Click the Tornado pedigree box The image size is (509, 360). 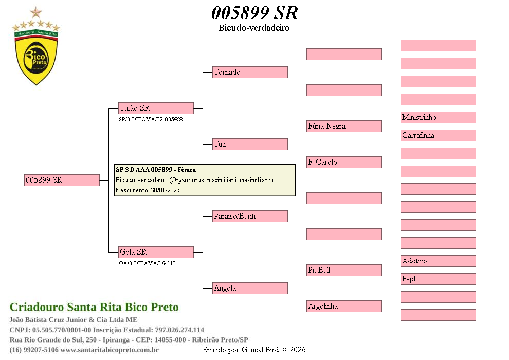(250, 72)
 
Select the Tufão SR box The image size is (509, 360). (156, 108)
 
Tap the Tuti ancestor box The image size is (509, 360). (250, 144)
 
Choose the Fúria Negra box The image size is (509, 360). (344, 126)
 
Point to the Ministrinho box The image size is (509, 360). (438, 117)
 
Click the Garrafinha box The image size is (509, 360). (438, 135)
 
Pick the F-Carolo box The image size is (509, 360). (344, 162)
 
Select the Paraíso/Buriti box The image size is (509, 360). (250, 216)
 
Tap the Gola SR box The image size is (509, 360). (156, 252)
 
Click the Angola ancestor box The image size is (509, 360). (250, 288)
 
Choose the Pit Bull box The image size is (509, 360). (344, 270)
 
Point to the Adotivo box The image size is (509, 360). (438, 261)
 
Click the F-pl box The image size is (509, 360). (438, 279)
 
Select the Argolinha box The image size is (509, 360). (344, 306)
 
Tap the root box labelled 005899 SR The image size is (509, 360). (62, 180)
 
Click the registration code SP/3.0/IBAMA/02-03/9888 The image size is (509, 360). (151, 119)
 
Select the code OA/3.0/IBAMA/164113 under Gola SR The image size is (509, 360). (147, 263)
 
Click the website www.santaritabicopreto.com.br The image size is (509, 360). (110, 350)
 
